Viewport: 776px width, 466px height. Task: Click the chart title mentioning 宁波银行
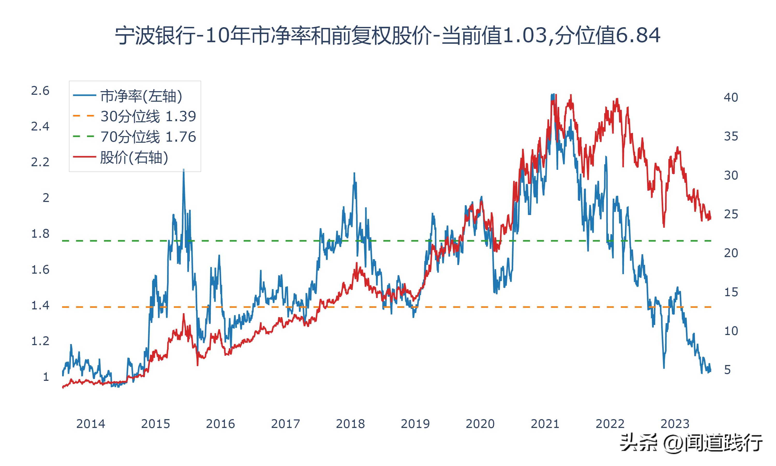(x=388, y=35)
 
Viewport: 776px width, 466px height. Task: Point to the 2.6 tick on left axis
(x=40, y=91)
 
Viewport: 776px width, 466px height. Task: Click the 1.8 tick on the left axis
(x=40, y=234)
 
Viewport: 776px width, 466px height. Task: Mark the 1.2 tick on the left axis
(x=40, y=341)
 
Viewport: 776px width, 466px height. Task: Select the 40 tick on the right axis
(x=731, y=97)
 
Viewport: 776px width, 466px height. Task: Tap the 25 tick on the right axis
(x=731, y=214)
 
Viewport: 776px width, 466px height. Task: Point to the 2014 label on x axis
(x=91, y=424)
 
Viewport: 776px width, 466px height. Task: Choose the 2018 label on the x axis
(x=350, y=424)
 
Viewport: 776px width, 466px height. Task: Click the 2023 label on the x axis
(x=675, y=424)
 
